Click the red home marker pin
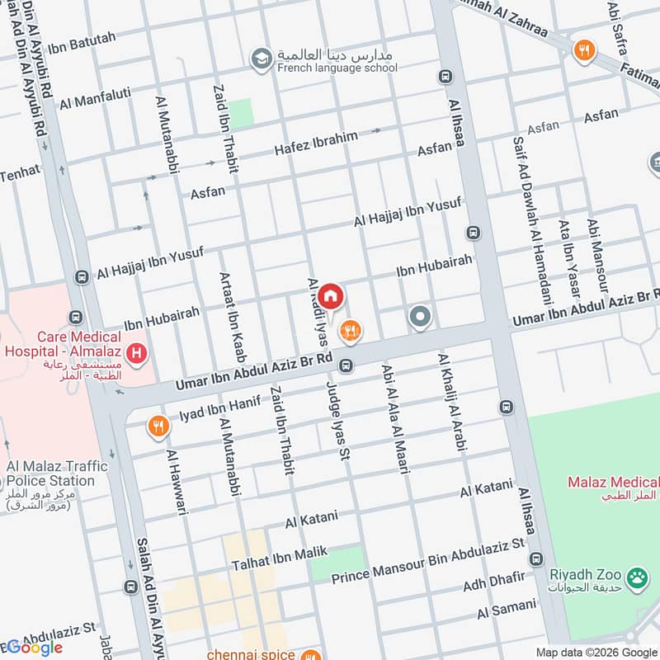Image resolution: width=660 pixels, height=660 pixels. [330, 295]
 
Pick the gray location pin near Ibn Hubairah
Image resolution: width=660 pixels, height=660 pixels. [420, 317]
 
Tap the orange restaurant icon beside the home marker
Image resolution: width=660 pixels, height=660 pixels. [351, 331]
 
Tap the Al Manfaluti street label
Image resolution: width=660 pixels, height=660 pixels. [96, 98]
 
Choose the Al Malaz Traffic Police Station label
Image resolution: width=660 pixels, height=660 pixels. [51, 474]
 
